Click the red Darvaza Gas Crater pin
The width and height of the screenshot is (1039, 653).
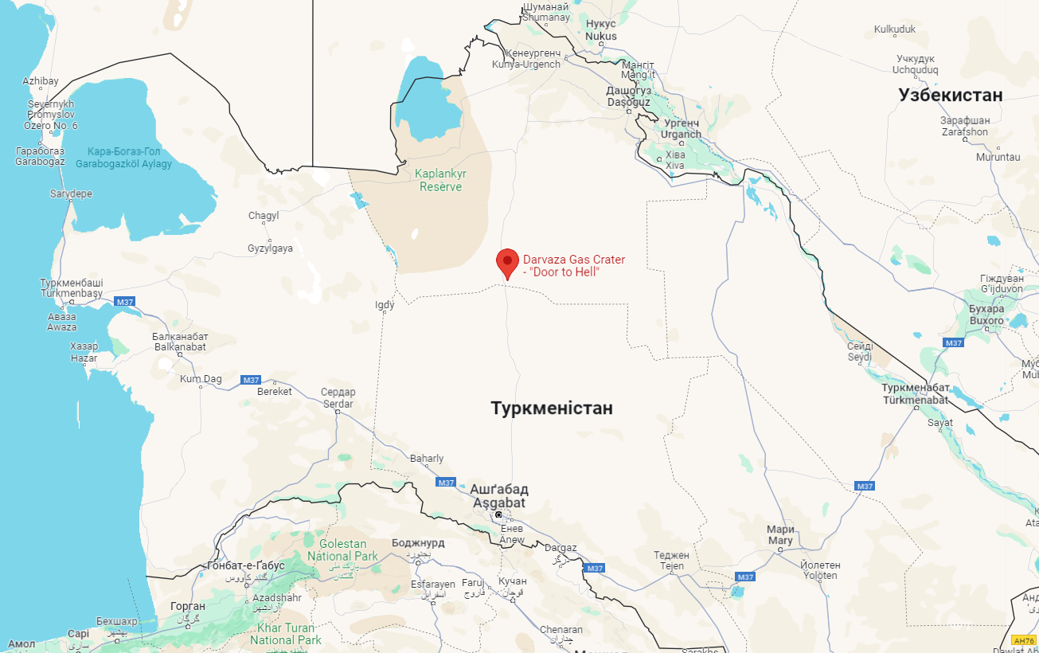(x=507, y=262)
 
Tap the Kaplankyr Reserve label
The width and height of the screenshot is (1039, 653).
(x=441, y=180)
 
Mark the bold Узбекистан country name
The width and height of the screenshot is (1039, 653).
(x=951, y=96)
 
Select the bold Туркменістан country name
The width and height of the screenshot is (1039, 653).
(x=552, y=409)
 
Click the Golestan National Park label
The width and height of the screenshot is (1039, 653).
(x=342, y=550)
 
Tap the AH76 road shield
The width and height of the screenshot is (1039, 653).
(x=1024, y=640)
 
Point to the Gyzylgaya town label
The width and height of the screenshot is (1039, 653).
(x=270, y=248)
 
